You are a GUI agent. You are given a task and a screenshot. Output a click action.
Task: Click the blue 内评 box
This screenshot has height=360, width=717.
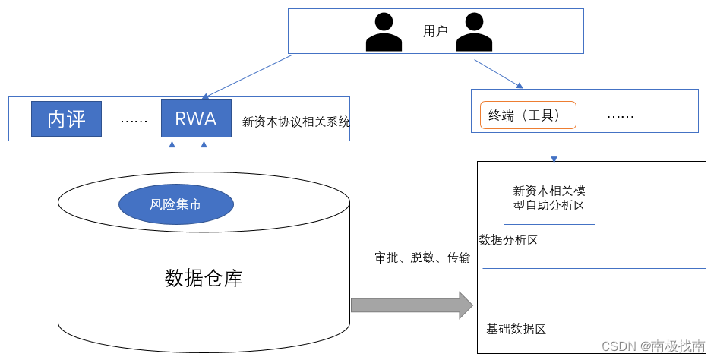(x=66, y=118)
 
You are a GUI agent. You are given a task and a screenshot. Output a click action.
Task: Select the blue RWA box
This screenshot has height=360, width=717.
(x=196, y=118)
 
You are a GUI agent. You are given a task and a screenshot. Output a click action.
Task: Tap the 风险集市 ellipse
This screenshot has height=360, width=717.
(x=175, y=204)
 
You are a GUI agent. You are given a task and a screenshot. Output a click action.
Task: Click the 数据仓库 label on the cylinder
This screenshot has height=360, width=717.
(x=204, y=278)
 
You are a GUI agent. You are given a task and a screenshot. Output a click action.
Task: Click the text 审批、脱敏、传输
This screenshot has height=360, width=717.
(x=422, y=257)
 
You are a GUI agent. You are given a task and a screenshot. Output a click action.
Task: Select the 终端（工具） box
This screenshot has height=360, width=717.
(x=528, y=115)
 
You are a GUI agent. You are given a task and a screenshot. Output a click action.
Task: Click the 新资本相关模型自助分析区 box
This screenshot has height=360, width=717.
(x=549, y=197)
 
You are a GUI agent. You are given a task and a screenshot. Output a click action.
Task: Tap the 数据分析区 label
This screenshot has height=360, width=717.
(x=509, y=241)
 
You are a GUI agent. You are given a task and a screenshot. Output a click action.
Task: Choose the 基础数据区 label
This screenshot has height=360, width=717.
(x=516, y=329)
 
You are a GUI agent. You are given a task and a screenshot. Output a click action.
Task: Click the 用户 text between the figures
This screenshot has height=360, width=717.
(x=435, y=31)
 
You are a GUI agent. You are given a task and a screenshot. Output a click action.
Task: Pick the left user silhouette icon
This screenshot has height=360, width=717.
(x=384, y=33)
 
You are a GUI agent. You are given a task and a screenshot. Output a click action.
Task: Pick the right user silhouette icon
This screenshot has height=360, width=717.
(x=475, y=33)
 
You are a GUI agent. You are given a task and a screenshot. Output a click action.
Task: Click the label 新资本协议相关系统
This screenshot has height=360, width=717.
(x=295, y=121)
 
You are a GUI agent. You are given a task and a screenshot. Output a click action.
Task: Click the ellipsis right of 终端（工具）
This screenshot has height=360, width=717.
(x=621, y=116)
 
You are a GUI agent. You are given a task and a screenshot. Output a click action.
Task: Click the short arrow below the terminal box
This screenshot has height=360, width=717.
(x=554, y=147)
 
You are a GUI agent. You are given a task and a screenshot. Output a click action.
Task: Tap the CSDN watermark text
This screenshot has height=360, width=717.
(x=652, y=346)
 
